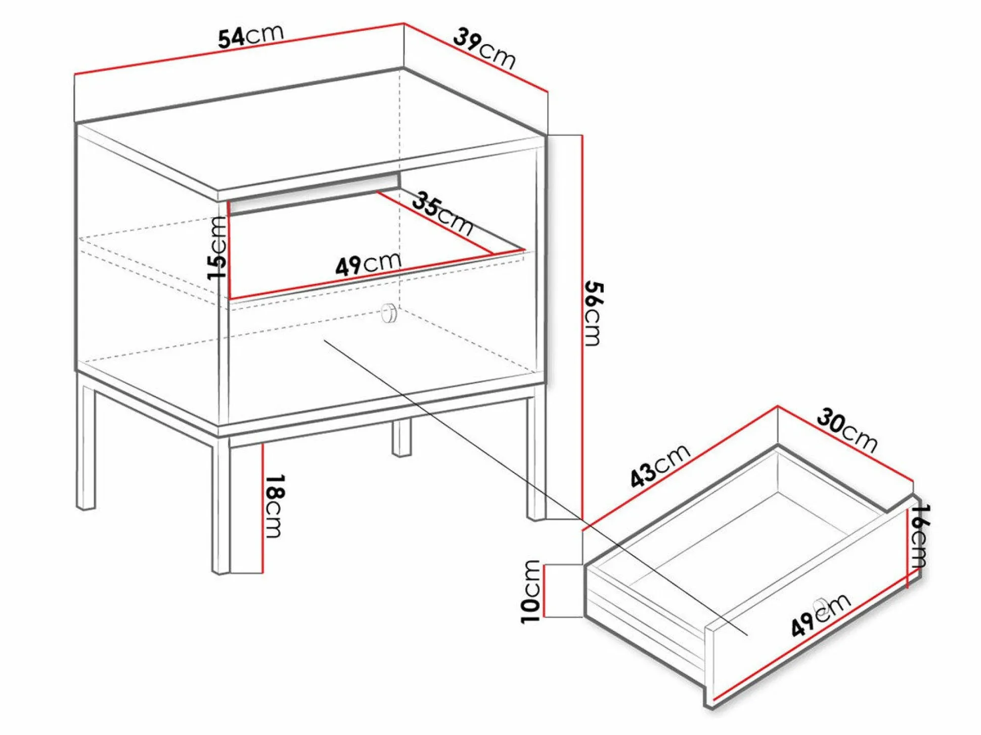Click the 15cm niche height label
click(x=217, y=248)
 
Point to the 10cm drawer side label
click(x=531, y=592)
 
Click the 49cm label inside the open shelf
click(x=368, y=263)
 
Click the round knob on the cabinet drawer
click(x=389, y=313)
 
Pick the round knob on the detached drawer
click(x=820, y=605)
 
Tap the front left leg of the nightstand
click(x=220, y=506)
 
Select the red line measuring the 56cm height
click(x=583, y=327)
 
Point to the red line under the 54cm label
click(x=239, y=48)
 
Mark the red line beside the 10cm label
click(x=544, y=591)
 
